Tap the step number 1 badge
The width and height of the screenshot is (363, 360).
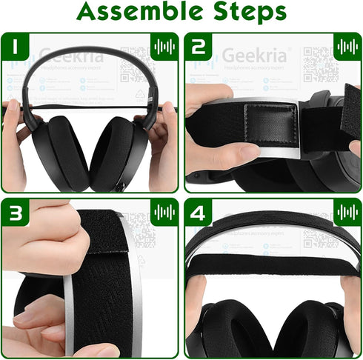pyautogui.click(x=16, y=47)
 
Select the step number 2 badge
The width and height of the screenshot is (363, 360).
pyautogui.click(x=199, y=47)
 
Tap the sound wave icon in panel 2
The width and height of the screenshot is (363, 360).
pyautogui.click(x=346, y=47)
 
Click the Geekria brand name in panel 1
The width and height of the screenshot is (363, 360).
pyautogui.click(x=67, y=56)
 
